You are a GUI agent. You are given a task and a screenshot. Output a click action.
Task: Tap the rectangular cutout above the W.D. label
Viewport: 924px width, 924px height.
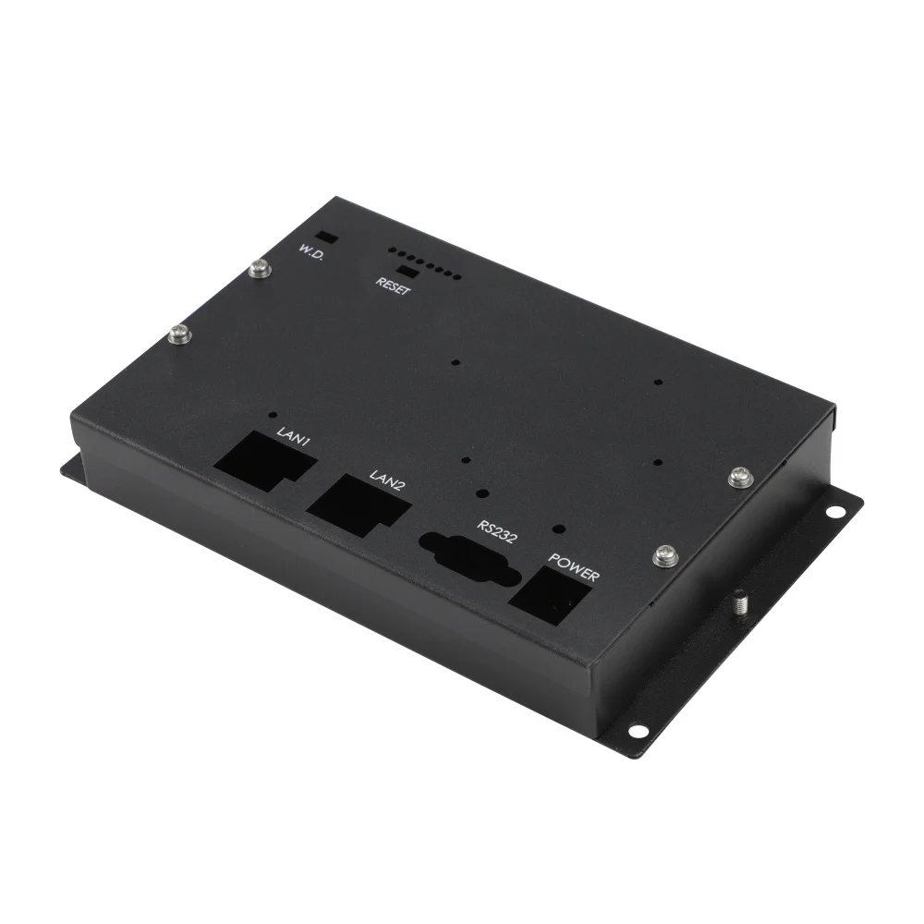(x=324, y=237)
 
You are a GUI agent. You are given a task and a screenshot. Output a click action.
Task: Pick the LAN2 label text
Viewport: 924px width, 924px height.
(x=387, y=480)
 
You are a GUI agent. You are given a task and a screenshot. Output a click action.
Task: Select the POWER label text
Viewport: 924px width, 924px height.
(x=575, y=566)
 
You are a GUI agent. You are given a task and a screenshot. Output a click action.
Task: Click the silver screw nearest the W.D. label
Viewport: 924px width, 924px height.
(x=260, y=270)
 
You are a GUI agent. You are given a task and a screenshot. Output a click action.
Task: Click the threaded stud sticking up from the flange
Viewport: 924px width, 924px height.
(x=742, y=603)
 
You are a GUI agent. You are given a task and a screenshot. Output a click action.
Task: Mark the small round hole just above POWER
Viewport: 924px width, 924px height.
(x=558, y=530)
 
